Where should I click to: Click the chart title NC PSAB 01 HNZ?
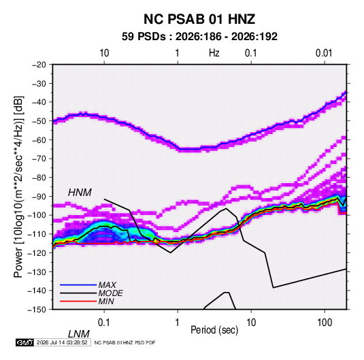click(x=199, y=19)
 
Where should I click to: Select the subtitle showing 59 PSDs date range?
click(x=199, y=37)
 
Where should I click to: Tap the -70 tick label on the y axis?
click(x=39, y=159)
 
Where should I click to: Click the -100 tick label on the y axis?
click(x=37, y=215)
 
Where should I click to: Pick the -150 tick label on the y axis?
click(x=37, y=310)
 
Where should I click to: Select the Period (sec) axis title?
click(x=214, y=330)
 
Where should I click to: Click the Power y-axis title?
click(x=18, y=187)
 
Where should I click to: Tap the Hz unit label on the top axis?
click(x=214, y=53)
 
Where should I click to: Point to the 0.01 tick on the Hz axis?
click(x=324, y=53)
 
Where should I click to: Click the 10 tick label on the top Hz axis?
click(x=104, y=53)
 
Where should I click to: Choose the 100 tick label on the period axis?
click(x=325, y=323)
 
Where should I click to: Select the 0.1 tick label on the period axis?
click(x=104, y=323)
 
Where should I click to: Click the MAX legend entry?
click(x=107, y=285)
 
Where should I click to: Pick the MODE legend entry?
click(x=110, y=293)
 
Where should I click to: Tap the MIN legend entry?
click(x=106, y=301)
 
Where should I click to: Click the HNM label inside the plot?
click(x=80, y=193)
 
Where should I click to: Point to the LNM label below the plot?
click(x=79, y=334)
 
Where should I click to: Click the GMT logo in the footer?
click(x=24, y=342)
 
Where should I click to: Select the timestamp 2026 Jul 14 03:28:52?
click(x=62, y=342)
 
